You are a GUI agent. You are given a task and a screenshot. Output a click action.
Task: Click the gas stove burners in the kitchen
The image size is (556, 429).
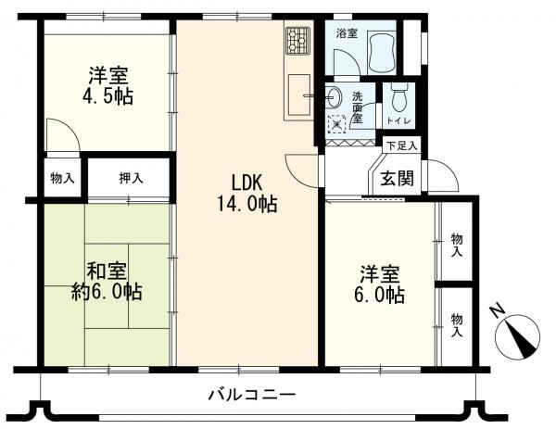298,41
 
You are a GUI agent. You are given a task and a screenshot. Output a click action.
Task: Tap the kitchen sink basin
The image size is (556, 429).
299,95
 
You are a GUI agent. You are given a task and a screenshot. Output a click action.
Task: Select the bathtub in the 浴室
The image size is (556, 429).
382,53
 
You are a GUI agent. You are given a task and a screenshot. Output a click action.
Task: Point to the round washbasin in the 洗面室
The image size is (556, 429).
334,95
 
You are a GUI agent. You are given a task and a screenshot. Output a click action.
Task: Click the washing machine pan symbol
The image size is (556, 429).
337,124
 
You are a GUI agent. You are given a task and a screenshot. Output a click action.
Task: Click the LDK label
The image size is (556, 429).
246,183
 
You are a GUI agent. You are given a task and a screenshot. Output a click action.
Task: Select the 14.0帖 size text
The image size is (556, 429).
246,204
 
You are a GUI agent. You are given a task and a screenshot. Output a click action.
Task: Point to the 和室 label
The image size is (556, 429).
107,271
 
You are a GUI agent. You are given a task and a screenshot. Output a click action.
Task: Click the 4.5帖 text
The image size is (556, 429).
107,96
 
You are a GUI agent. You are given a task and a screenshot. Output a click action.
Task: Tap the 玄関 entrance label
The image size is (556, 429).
398,178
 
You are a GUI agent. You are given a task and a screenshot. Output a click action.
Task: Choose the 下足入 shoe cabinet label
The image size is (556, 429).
402,145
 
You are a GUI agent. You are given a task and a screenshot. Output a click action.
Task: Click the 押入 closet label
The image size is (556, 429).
132,178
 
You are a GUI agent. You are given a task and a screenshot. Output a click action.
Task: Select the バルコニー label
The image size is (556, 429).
252,395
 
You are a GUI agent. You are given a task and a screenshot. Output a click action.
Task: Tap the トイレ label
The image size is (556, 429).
399,120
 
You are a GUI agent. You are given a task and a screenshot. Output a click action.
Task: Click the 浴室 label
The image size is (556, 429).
347,34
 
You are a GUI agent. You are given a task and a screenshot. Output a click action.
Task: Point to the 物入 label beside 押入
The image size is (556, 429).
63,178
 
